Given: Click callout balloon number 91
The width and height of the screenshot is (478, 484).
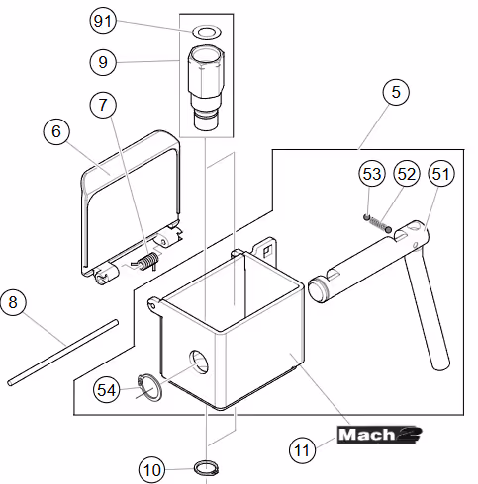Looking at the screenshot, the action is [103, 21].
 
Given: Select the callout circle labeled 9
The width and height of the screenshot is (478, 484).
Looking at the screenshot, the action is [103, 62].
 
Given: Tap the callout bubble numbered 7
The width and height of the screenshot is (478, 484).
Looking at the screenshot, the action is [103, 105].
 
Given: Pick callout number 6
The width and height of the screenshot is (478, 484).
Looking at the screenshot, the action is [56, 131].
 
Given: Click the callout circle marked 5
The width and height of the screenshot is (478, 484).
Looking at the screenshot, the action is [396, 92].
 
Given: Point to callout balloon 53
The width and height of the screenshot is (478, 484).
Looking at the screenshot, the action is [372, 174].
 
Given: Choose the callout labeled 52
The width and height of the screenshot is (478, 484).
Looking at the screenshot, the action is [407, 174].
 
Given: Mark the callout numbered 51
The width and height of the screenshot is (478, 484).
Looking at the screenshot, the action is [441, 174].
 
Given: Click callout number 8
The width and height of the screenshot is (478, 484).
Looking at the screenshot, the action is [13, 302].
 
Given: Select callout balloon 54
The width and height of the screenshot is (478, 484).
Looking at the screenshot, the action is [106, 390].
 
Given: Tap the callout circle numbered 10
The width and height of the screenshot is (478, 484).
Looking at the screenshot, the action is [151, 470].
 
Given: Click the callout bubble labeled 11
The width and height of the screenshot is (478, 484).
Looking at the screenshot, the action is [302, 450].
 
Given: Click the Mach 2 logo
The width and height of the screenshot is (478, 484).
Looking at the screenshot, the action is [379, 435].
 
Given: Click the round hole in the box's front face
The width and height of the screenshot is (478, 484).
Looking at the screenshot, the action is [199, 362].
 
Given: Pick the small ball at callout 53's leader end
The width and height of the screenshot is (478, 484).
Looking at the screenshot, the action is [366, 217].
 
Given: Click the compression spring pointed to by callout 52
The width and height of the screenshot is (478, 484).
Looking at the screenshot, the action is [378, 223].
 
